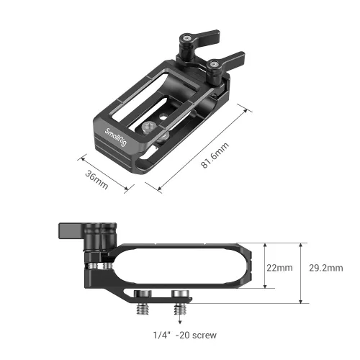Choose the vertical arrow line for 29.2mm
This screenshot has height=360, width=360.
click(x=300, y=267)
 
